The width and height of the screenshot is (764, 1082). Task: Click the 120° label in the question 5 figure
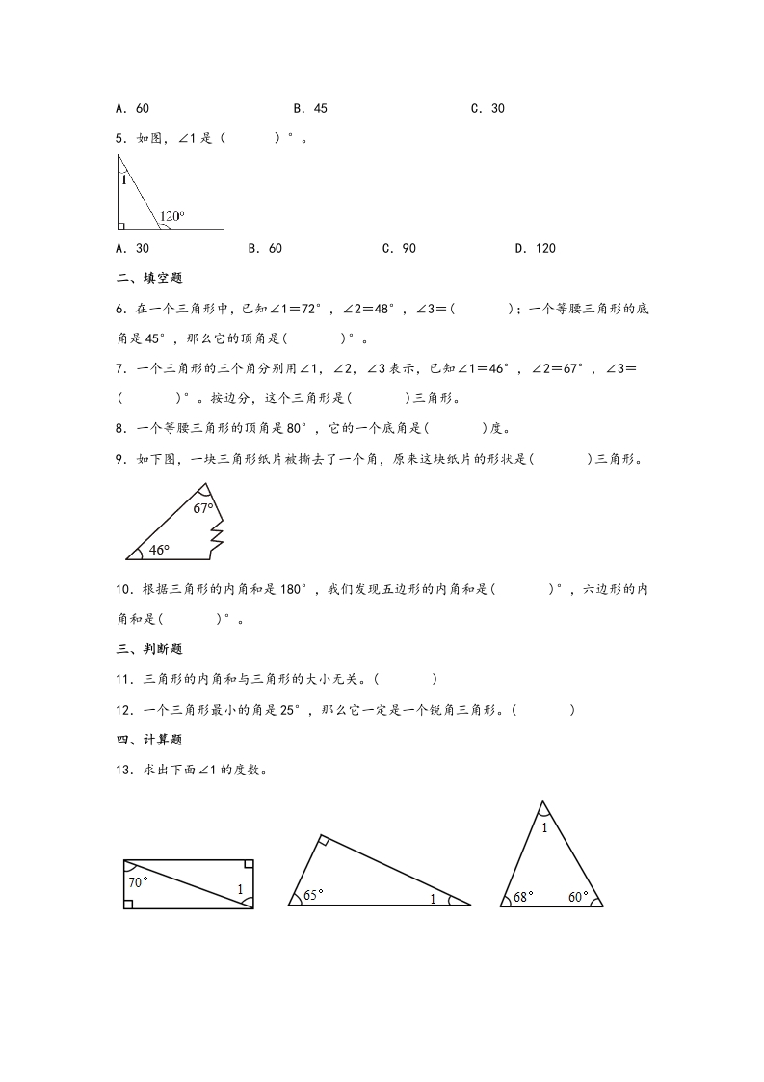pos(172,216)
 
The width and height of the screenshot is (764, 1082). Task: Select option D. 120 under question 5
pos(535,248)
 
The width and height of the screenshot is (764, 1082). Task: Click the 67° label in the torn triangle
pos(202,507)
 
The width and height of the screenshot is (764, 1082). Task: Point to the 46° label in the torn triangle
pos(159,550)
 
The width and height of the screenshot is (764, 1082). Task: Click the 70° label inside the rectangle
pos(138,881)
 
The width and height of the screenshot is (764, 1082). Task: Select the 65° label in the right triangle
pos(313,894)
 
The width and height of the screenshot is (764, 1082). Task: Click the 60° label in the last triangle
pos(578,897)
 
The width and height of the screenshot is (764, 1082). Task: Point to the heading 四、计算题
pos(142,740)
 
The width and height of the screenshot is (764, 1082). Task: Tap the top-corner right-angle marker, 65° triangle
pos(325,841)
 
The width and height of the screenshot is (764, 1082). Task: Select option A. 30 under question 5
pos(132,248)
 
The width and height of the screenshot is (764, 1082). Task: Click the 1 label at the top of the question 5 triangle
pos(123,179)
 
